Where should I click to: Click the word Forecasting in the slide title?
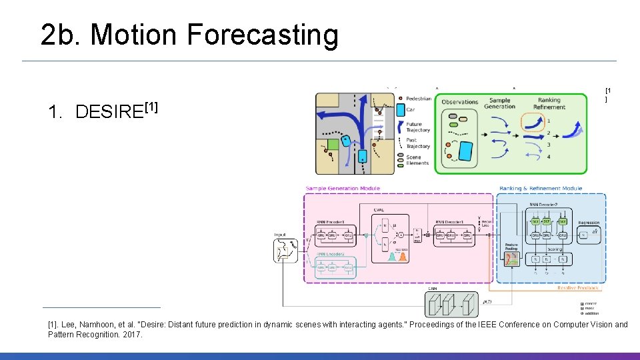(x=263, y=35)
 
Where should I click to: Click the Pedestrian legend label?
(x=419, y=99)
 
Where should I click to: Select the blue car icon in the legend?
(x=400, y=109)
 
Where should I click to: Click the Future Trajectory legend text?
(x=418, y=127)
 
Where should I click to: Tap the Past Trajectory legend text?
(x=418, y=143)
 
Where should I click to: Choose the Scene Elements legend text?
(x=418, y=160)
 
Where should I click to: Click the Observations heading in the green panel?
(x=459, y=102)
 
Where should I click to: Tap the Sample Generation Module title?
(x=343, y=189)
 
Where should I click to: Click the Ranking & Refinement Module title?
(x=540, y=189)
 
